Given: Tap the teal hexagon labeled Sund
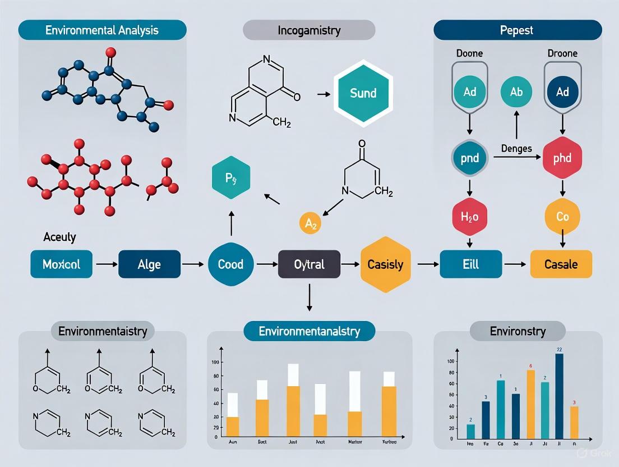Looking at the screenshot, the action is (363, 93).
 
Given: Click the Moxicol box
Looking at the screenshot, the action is (61, 264).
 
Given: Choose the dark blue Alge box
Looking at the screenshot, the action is (150, 264).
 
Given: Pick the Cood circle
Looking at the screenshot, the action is (230, 264).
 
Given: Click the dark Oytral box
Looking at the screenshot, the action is (309, 264).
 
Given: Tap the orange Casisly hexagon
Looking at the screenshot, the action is (385, 264).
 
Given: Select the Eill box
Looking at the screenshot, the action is (471, 264).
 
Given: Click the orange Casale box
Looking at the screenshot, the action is (561, 264).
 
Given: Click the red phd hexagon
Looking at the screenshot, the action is (562, 158).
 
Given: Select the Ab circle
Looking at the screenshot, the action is (517, 91).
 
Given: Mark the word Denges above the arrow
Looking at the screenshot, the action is (516, 148).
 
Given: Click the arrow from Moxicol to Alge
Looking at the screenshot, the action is (105, 263).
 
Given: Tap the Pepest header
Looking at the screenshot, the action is (518, 30).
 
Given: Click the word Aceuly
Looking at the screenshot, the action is (59, 237).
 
